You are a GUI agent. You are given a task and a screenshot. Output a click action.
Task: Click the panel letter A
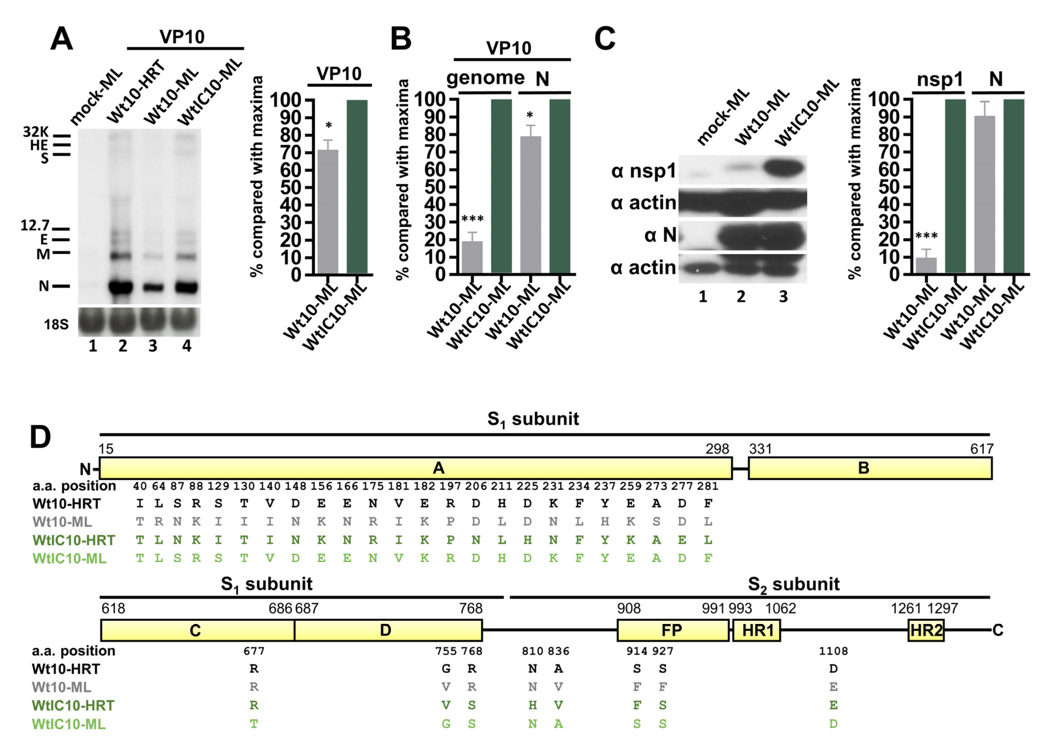(x=62, y=39)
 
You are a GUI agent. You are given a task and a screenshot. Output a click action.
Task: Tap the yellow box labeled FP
(x=673, y=630)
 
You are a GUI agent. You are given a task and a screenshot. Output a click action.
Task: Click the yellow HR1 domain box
(x=756, y=630)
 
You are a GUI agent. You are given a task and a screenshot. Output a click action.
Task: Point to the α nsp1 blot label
(x=643, y=171)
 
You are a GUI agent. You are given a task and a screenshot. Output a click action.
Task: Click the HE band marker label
(x=39, y=145)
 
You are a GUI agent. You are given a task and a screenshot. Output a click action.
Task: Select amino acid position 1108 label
(x=833, y=651)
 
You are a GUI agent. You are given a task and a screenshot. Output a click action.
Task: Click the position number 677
(x=254, y=651)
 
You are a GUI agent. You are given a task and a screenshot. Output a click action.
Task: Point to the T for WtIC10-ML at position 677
(x=254, y=724)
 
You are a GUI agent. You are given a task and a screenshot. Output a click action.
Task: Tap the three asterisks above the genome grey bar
(x=472, y=219)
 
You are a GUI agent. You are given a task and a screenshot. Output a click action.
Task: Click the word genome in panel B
(x=485, y=78)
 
